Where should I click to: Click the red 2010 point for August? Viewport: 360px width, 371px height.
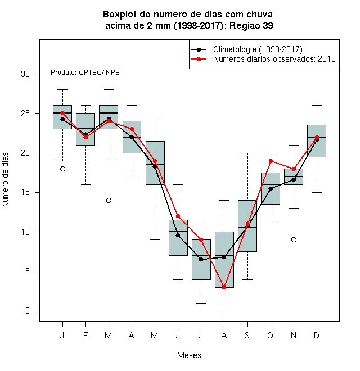click(224, 287)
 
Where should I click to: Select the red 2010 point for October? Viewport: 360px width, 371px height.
click(271, 161)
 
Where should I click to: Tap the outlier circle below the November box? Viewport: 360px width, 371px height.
click(294, 239)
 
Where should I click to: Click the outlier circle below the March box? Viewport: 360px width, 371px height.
click(109, 201)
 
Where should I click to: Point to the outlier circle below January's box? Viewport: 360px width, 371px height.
click(62, 169)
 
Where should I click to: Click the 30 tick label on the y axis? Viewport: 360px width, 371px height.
click(25, 74)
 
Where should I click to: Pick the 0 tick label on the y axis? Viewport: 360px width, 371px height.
click(28, 311)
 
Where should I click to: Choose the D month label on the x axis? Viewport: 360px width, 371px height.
click(317, 335)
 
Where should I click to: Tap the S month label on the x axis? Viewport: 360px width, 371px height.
click(247, 335)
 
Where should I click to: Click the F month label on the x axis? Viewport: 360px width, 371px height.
click(85, 335)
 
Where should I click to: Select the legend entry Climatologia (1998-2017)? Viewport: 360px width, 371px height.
click(258, 49)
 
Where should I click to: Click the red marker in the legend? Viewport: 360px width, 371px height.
click(199, 59)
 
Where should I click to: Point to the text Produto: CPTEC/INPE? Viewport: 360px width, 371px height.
click(85, 73)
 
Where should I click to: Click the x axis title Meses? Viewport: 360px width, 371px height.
click(189, 355)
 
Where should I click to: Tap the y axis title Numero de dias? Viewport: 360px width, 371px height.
click(5, 180)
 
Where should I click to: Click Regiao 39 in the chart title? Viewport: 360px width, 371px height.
click(251, 25)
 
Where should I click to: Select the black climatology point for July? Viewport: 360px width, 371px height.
click(201, 259)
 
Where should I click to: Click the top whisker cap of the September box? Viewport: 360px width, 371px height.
click(247, 153)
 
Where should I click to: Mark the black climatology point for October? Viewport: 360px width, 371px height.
click(271, 188)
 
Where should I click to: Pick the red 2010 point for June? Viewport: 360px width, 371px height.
click(178, 216)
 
